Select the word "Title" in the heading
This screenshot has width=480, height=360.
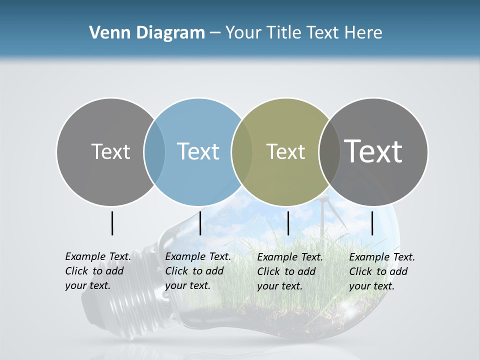pyautogui.click(x=284, y=33)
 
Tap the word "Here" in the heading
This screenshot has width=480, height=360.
pyautogui.click(x=363, y=33)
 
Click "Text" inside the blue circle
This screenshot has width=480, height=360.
pyautogui.click(x=198, y=151)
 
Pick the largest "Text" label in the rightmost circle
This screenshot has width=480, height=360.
pyautogui.click(x=373, y=151)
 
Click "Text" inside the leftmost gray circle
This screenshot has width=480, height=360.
pyautogui.click(x=110, y=151)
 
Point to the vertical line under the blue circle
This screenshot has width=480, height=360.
pyautogui.click(x=200, y=223)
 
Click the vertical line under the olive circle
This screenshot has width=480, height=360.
pyautogui.click(x=288, y=223)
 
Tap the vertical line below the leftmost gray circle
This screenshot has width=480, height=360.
pyautogui.click(x=112, y=223)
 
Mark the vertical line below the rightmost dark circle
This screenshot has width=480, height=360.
pyautogui.click(x=372, y=223)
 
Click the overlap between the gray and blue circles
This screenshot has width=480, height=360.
pyautogui.click(x=154, y=151)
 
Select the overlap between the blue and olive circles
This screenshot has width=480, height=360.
pyautogui.click(x=242, y=151)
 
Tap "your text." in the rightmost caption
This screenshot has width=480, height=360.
pyautogui.click(x=371, y=286)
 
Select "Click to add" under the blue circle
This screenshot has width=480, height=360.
pyautogui.click(x=194, y=271)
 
